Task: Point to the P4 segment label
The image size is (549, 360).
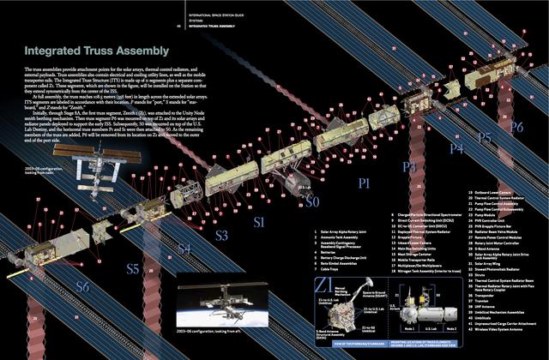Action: click(x=455, y=147)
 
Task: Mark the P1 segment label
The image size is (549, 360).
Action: click(x=364, y=183)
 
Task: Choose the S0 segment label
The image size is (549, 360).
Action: click(x=313, y=201)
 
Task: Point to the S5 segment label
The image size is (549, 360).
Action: click(x=132, y=268)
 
